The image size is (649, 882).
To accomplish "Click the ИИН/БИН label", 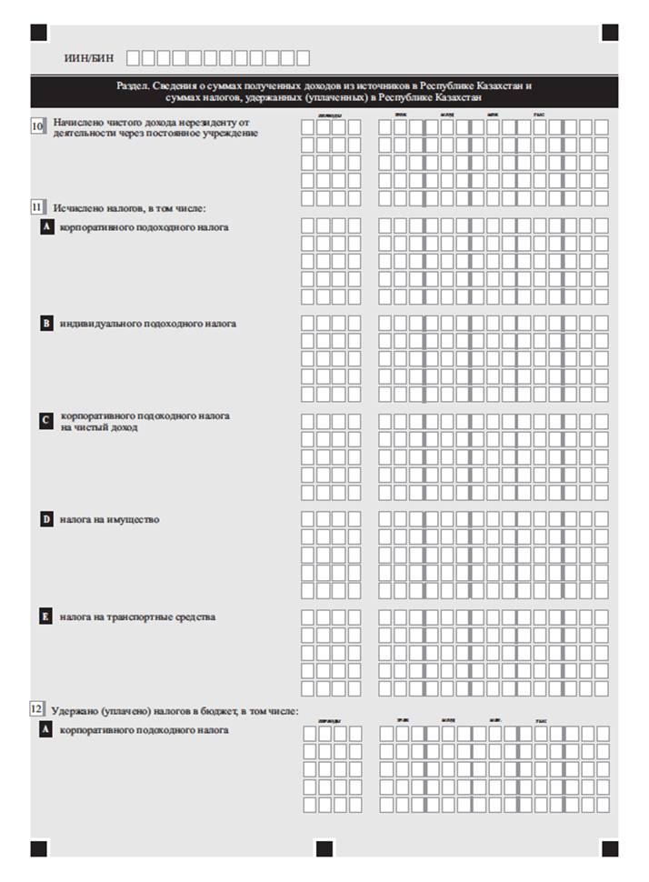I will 89,57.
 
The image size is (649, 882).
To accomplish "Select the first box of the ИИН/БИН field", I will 134,58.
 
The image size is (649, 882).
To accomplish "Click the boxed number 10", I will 38,126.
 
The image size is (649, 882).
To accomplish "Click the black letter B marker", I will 46,323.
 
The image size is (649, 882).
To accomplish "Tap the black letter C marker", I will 46,421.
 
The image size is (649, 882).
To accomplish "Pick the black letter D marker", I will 46,520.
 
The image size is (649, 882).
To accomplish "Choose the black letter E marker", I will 46,617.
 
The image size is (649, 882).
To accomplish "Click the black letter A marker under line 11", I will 46,227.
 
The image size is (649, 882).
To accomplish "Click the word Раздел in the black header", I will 133,85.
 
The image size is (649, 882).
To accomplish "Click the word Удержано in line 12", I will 74,710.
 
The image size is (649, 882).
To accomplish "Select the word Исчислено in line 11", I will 78,208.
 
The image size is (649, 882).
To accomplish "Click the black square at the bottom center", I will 324,848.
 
